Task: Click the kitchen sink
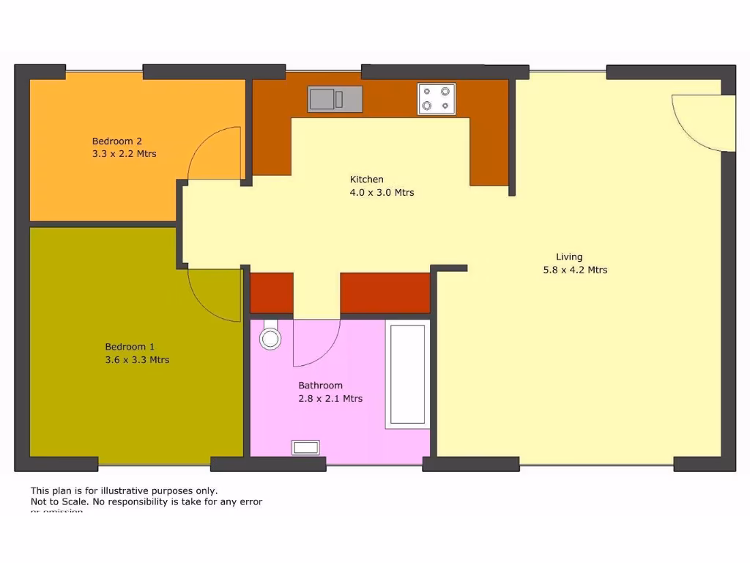[335, 99]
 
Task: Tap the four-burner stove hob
[436, 99]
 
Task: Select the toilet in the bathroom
[270, 335]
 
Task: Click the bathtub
[407, 374]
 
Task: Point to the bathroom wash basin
[305, 446]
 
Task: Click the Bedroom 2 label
[117, 141]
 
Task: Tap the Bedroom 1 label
[130, 347]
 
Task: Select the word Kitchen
[366, 180]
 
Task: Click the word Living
[569, 257]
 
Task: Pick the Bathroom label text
[320, 386]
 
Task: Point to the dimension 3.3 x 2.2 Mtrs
[124, 154]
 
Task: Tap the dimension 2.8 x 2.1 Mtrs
[330, 399]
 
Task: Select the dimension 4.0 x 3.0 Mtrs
[382, 193]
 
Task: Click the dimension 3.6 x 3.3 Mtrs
[137, 360]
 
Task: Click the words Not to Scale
[58, 502]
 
